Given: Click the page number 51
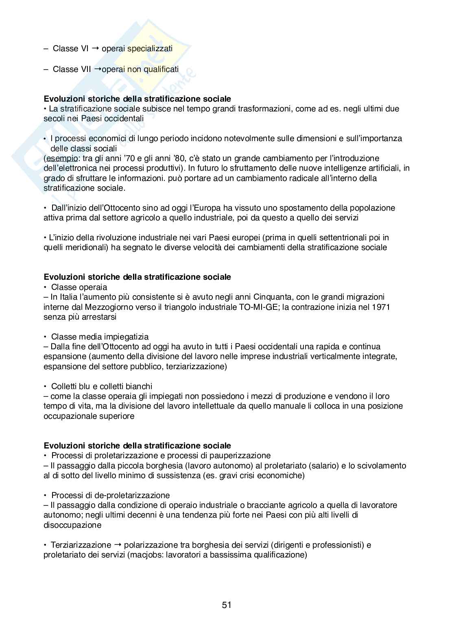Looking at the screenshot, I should (x=227, y=605).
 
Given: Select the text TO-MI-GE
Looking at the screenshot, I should (x=259, y=307).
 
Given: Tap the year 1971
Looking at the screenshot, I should (x=381, y=307).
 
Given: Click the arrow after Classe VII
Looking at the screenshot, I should (x=98, y=69).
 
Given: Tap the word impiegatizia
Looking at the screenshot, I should (x=126, y=337).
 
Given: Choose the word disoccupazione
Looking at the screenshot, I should (x=72, y=525).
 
